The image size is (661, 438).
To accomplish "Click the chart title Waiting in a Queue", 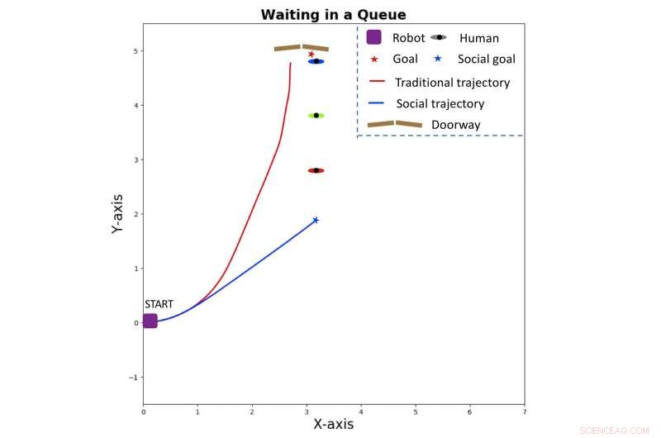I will pyautogui.click(x=333, y=15).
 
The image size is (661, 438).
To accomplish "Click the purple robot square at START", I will pyautogui.click(x=150, y=321).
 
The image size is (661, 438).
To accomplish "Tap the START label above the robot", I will pyautogui.click(x=159, y=304).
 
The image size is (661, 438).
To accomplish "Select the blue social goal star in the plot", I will pyautogui.click(x=316, y=220).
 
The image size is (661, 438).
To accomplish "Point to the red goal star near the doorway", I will pyautogui.click(x=311, y=55).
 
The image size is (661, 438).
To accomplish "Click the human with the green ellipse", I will pyautogui.click(x=316, y=116).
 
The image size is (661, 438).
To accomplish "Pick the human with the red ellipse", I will pyautogui.click(x=316, y=170).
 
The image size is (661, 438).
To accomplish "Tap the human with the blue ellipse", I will pyautogui.click(x=316, y=61).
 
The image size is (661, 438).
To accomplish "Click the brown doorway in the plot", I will pyautogui.click(x=302, y=48).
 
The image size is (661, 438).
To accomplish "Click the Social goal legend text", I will pyautogui.click(x=486, y=60).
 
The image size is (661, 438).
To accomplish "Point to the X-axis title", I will pyautogui.click(x=333, y=424).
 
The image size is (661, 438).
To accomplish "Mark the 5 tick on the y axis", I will pyautogui.click(x=135, y=51).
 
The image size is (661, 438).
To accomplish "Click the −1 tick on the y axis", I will pyautogui.click(x=132, y=378).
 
